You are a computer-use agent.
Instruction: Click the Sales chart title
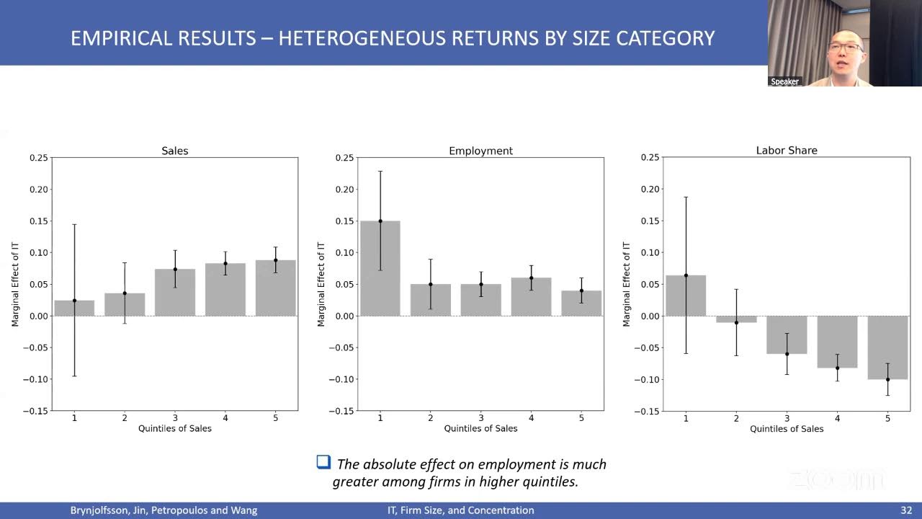pos(174,151)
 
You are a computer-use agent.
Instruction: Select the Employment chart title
pos(480,151)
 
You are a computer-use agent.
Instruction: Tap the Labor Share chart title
pos(787,151)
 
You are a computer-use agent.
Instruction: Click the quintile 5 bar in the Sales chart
pos(275,288)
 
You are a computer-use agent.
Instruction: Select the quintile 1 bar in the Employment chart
pos(380,269)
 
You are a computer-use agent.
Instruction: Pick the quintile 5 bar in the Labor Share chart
pos(887,347)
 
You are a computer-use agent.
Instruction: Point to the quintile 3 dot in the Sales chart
pos(175,270)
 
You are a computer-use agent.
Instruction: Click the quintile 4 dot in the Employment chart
pos(531,278)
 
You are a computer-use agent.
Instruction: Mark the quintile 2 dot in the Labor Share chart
pos(736,322)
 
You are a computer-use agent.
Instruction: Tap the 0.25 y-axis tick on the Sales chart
pos(38,158)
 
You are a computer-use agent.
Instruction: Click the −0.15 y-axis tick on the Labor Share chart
pos(646,411)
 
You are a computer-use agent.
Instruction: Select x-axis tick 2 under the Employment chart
pos(431,417)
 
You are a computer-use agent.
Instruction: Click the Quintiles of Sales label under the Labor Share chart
pos(787,429)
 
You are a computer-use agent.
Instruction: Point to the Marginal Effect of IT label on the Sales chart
pos(15,284)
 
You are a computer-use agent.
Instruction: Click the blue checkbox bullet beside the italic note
pos(323,462)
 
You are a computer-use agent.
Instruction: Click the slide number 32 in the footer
pos(906,510)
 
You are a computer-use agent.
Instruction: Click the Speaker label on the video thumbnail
pos(784,81)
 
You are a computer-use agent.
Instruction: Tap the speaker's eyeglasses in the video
pos(845,48)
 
